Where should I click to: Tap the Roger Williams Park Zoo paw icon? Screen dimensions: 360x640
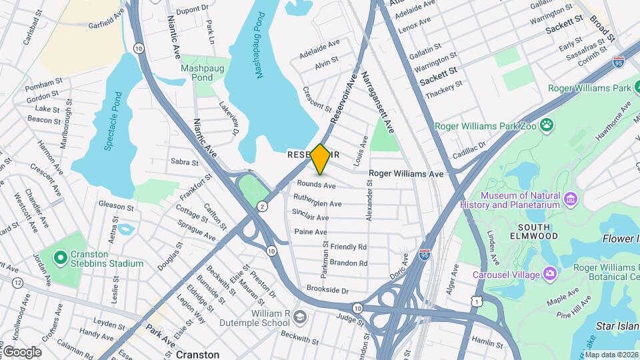(x=547, y=125)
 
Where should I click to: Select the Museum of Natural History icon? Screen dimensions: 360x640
(x=570, y=199)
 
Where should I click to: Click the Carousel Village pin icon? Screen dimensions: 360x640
(x=549, y=272)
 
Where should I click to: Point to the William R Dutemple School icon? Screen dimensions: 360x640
(x=299, y=316)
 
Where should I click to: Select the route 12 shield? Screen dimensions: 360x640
(x=17, y=283)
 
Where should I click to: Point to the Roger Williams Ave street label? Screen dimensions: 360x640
(x=405, y=173)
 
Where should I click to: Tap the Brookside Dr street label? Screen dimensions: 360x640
(x=327, y=289)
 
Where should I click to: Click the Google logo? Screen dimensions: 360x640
(x=22, y=352)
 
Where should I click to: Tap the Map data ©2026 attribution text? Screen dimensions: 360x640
(x=611, y=355)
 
